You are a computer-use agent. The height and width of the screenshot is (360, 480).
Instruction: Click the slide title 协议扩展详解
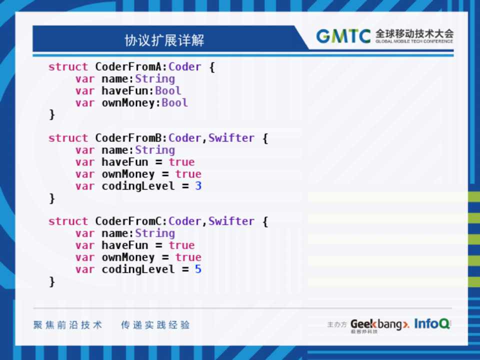tap(164, 40)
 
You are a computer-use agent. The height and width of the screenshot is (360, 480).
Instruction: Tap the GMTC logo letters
tap(343, 36)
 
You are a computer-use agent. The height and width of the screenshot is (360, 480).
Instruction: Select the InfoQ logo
tap(432, 323)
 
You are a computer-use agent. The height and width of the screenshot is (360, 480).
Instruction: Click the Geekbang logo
tap(380, 324)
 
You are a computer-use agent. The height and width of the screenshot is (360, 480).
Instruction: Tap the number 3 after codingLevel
tap(198, 185)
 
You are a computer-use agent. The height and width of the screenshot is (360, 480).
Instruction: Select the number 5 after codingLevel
tap(198, 269)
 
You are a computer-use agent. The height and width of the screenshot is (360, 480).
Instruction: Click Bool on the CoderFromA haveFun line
tap(168, 90)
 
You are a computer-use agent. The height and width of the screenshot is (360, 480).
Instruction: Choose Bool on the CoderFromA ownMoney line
tap(175, 102)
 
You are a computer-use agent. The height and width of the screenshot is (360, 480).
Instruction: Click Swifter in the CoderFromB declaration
tap(231, 138)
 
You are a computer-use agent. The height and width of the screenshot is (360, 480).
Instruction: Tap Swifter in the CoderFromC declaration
tap(231, 221)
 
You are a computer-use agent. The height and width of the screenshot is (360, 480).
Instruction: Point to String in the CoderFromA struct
tap(155, 79)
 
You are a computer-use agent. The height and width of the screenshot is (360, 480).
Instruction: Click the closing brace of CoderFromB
tap(52, 198)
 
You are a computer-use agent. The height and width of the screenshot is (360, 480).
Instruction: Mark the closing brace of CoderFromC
tap(52, 281)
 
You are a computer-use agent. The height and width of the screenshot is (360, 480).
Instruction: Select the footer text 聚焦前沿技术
tap(67, 325)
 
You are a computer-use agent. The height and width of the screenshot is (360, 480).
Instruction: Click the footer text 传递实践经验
tap(155, 325)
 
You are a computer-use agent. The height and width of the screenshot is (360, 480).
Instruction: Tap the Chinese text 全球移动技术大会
tap(414, 33)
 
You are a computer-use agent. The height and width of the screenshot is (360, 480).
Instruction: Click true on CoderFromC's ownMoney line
tap(188, 257)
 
